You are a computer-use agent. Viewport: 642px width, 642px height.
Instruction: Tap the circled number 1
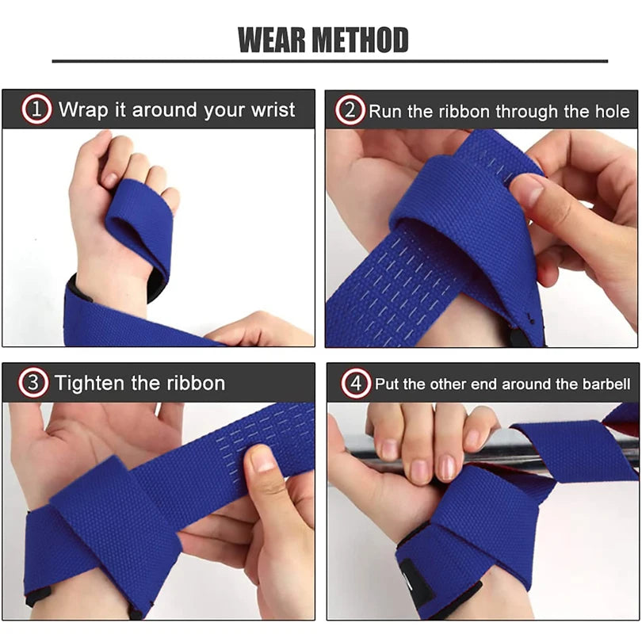point(36,109)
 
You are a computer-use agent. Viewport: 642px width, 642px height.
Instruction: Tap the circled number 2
point(349,110)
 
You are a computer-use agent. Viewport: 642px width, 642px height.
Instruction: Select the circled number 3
point(32,384)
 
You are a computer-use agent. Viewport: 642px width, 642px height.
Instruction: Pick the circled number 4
point(356,384)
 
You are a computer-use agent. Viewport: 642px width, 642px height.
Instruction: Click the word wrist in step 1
point(270,109)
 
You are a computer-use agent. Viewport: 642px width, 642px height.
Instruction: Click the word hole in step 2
point(613,111)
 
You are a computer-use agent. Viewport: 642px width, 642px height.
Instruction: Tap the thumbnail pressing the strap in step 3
point(262,460)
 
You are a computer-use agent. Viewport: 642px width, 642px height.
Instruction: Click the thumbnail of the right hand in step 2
point(525,190)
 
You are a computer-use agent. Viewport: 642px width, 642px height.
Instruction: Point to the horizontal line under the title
point(330,60)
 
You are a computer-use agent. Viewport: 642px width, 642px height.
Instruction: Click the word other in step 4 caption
point(452,384)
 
